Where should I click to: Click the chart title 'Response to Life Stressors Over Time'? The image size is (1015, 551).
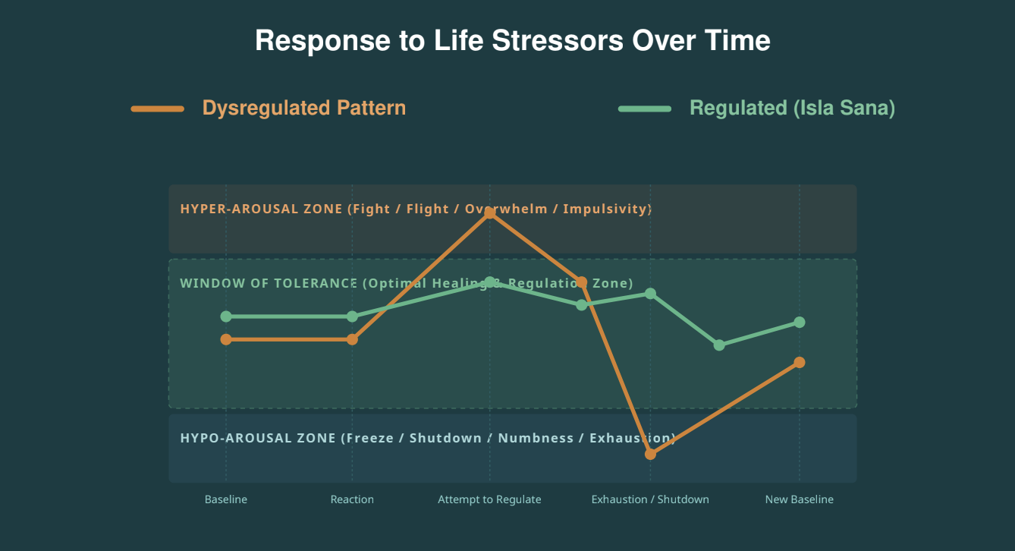point(513,41)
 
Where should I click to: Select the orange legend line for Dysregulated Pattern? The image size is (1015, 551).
point(158,109)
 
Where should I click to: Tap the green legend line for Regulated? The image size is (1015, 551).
point(645,109)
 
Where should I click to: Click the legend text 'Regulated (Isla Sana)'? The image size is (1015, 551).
point(792,108)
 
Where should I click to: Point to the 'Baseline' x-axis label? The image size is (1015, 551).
point(225,499)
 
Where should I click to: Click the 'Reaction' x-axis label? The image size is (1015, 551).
point(352,499)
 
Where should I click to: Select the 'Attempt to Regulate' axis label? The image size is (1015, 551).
point(489,499)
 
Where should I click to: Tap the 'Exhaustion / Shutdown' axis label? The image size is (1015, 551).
point(650,499)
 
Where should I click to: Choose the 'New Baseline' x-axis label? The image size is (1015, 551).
point(800,499)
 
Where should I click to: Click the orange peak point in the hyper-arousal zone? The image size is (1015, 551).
point(489,213)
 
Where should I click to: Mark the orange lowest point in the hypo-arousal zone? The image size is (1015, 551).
point(650,454)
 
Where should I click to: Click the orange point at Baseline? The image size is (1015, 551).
point(226,339)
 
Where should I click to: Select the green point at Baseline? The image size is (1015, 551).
point(226,316)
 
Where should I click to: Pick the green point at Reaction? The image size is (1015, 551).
point(352,316)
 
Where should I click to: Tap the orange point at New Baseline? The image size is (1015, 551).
point(800,362)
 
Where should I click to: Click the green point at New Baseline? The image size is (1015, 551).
point(800,323)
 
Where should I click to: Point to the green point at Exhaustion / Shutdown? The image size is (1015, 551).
point(650,294)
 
